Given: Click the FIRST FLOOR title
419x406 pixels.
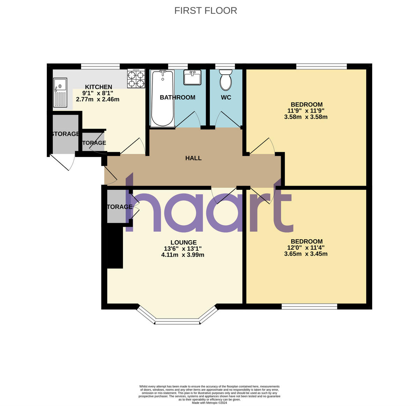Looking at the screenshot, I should (206, 11).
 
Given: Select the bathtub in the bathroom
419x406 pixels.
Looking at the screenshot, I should (162, 98).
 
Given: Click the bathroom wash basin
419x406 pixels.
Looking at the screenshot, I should (192, 77).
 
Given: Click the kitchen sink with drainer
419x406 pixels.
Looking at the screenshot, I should (60, 92).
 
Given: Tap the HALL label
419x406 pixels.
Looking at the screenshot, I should (193, 158).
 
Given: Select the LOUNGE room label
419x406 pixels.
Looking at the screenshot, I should (183, 242).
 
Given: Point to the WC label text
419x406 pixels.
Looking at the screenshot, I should (226, 97).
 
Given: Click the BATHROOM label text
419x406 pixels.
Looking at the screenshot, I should (177, 97).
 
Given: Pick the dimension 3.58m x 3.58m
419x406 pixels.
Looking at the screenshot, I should (306, 117).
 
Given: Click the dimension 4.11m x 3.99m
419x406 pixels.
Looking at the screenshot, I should (183, 255).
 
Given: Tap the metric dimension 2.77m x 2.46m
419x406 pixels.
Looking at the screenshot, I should (98, 99).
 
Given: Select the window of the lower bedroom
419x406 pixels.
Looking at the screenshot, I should (309, 307).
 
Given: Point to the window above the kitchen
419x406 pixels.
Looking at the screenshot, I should (100, 66).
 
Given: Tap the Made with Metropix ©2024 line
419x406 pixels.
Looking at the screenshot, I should (209, 403).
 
